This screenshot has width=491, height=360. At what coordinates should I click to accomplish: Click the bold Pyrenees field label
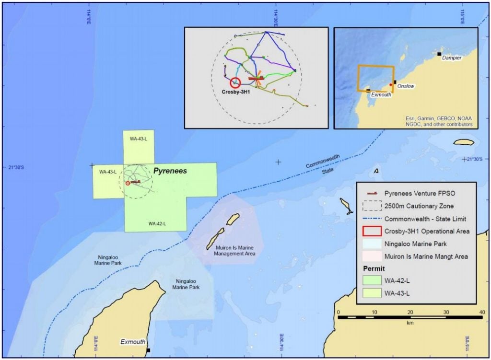170,170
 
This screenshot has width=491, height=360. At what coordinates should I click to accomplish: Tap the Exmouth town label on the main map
132,342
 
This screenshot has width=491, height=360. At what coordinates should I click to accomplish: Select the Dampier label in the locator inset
452,58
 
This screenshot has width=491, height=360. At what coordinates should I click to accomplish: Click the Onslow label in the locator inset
406,86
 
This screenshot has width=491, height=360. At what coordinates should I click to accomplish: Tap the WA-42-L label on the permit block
158,223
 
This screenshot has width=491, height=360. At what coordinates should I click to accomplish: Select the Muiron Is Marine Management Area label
235,250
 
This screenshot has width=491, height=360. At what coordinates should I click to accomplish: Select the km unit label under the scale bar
410,323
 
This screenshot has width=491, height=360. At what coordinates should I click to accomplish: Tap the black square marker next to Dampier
440,54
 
